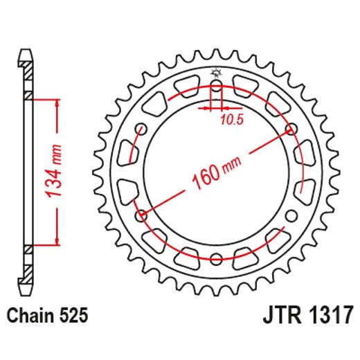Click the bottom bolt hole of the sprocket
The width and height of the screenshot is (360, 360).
click(x=216, y=259)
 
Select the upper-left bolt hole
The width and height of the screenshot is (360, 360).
click(x=142, y=129)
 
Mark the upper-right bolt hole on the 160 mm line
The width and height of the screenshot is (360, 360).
click(x=290, y=129)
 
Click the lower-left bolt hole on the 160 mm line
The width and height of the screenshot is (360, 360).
click(x=142, y=215)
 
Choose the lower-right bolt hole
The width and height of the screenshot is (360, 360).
click(x=290, y=215)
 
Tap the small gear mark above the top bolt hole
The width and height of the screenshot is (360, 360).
click(x=216, y=73)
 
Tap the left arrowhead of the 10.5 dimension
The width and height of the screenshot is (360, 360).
click(x=207, y=108)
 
